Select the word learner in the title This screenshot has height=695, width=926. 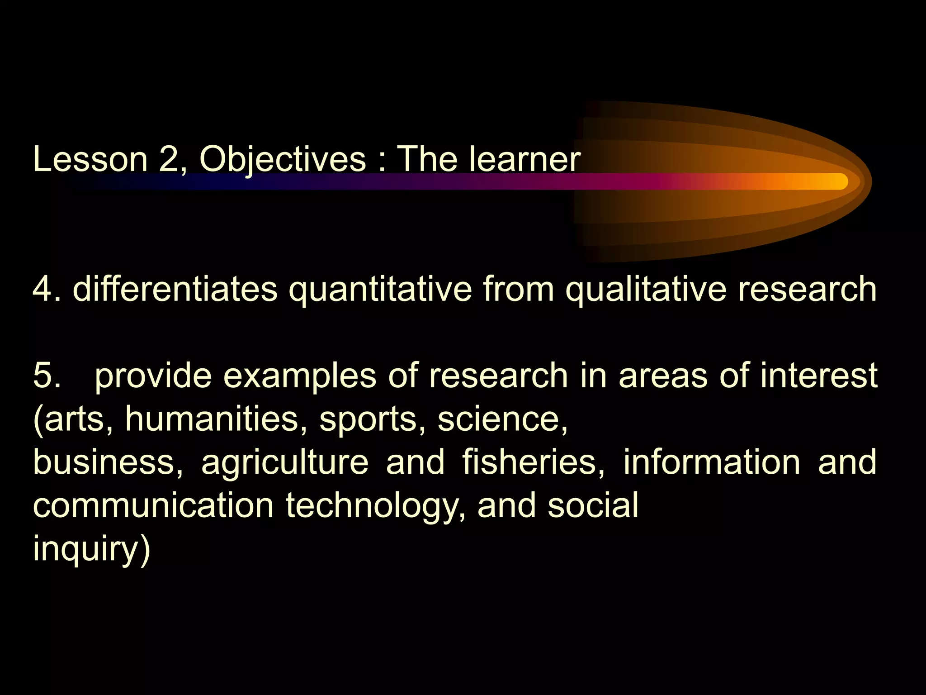coord(524,159)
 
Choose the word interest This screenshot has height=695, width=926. coord(819,376)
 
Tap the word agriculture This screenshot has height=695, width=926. coord(285,463)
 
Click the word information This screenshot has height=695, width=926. coord(712,462)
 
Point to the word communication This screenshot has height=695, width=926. coord(154,505)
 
